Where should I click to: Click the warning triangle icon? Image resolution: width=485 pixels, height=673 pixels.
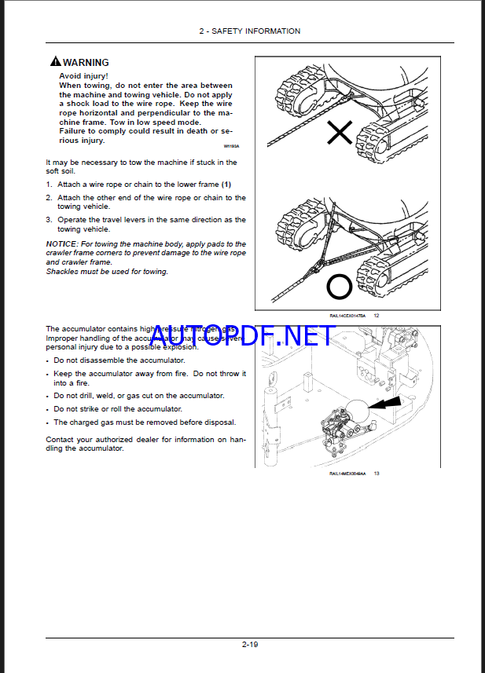[55, 61]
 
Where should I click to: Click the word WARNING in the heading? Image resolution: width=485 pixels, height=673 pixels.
[86, 62]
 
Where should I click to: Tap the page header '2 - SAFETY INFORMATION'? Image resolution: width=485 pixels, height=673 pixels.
[249, 31]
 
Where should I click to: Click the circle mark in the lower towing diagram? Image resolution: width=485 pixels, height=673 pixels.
[339, 287]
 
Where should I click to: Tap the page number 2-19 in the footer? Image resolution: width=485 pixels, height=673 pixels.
[249, 644]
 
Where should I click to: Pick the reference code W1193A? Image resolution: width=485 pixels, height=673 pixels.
[231, 146]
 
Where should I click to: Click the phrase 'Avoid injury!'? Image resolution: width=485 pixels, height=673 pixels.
[84, 76]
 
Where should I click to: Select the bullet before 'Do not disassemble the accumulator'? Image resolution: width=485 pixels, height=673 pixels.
[48, 360]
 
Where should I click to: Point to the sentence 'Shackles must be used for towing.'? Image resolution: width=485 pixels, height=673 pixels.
[106, 272]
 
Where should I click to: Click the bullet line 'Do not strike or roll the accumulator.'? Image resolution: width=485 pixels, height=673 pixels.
[117, 409]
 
